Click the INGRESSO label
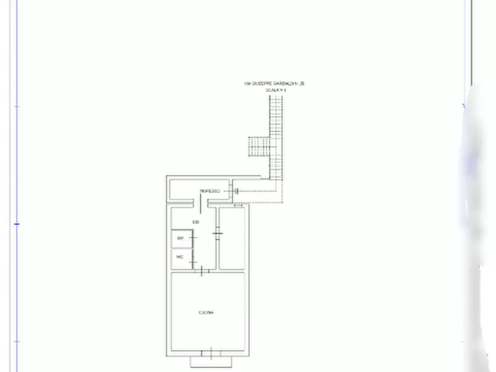click(210, 191)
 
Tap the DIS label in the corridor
click(196, 222)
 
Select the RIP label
click(180, 238)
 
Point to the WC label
click(179, 257)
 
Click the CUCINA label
click(206, 313)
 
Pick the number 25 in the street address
click(302, 83)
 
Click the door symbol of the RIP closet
click(193, 238)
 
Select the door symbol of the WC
click(193, 260)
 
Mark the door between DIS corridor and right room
click(218, 234)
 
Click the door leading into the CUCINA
click(201, 270)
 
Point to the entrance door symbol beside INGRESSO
click(236, 191)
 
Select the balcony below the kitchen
click(211, 361)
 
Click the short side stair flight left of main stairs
click(258, 147)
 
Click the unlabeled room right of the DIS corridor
click(233, 238)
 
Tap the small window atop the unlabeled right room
click(239, 205)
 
